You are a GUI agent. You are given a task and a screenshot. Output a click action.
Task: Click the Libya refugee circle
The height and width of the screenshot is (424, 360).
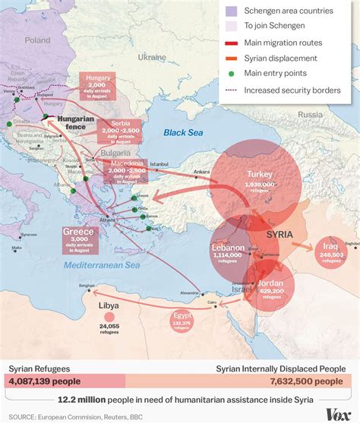point(109,315)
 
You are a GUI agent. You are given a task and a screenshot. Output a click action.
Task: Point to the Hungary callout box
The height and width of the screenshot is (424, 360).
point(96,86)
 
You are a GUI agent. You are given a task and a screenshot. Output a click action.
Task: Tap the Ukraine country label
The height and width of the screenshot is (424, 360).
point(151,57)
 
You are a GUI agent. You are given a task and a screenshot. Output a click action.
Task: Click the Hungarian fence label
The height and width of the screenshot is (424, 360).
point(76,124)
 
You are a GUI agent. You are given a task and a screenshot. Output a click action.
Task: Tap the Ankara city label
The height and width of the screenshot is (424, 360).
point(201,172)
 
